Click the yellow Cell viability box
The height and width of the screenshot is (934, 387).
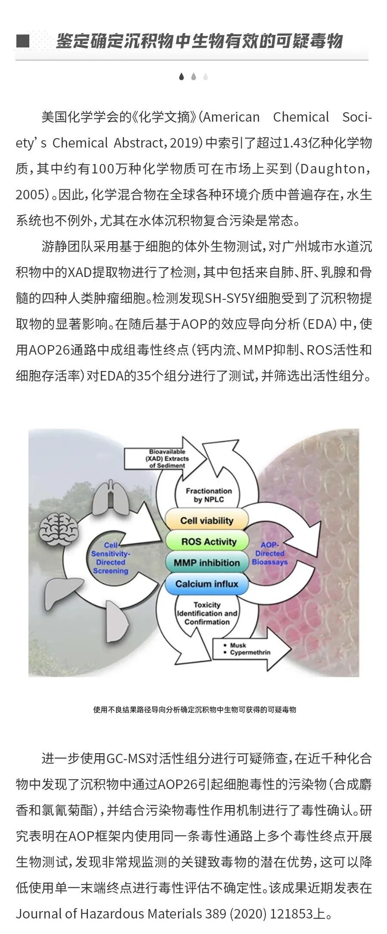pyautogui.click(x=207, y=520)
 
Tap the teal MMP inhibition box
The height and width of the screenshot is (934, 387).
pyautogui.click(x=207, y=563)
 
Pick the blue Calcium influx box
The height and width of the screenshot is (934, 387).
pyautogui.click(x=207, y=584)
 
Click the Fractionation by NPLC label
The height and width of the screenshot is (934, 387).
pyautogui.click(x=209, y=495)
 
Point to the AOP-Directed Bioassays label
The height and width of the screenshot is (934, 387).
pyautogui.click(x=270, y=553)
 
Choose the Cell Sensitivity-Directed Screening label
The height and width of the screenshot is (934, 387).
pyautogui.click(x=111, y=558)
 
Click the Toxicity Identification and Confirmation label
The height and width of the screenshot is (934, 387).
pyautogui.click(x=207, y=613)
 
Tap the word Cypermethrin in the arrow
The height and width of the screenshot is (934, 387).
pyautogui.click(x=250, y=652)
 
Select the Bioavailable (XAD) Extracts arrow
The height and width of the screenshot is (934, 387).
pyautogui.click(x=166, y=459)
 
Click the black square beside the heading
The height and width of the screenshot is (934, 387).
pyautogui.click(x=22, y=41)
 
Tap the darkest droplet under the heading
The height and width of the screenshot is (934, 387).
pyautogui.click(x=181, y=76)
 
